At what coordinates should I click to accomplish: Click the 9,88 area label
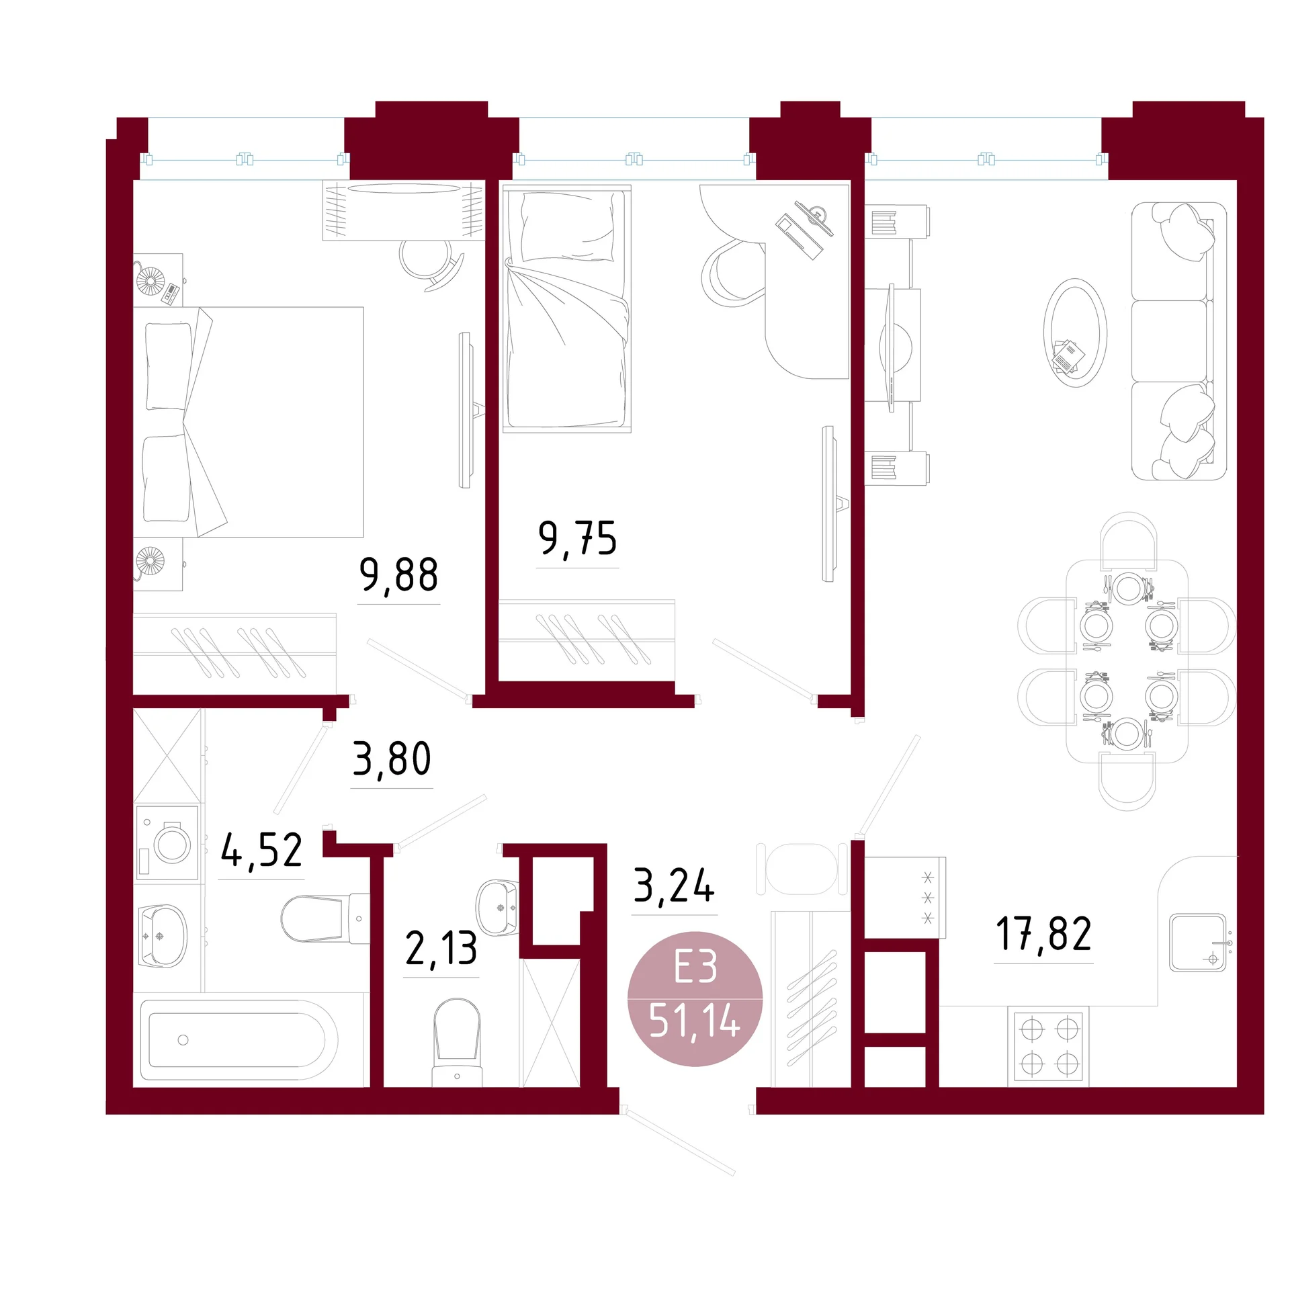point(399,576)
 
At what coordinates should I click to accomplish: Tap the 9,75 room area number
point(578,539)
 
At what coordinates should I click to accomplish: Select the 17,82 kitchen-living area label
point(1043,934)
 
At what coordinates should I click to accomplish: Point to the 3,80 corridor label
point(392,759)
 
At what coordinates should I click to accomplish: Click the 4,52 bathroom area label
point(261,851)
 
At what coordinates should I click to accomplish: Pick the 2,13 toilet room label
point(441,949)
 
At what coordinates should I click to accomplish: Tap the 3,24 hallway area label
point(675,886)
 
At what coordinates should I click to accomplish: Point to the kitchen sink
point(1199,942)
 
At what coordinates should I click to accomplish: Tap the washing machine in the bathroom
point(168,843)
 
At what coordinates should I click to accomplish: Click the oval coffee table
point(1075,333)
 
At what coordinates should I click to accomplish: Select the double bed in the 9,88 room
point(249,422)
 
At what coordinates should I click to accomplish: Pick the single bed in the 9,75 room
point(567,308)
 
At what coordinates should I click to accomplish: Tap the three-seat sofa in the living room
point(1179,341)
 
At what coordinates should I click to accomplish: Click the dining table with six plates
point(1127,661)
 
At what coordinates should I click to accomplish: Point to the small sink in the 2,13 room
point(497,907)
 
